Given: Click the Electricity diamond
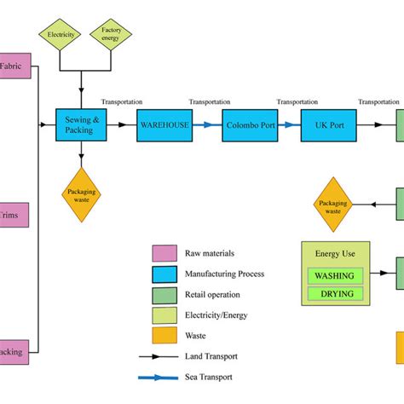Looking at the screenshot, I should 60,36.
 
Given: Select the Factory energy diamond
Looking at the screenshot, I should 110,36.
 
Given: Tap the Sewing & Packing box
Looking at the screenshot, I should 82,124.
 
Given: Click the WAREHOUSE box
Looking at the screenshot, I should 164,124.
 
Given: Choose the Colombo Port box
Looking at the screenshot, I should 250,124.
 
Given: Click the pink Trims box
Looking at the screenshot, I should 13,215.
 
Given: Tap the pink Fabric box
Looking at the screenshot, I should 14,66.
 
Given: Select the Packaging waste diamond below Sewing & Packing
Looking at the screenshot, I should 82,194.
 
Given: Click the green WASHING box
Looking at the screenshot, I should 335,275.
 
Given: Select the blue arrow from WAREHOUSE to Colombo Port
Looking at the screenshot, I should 206,124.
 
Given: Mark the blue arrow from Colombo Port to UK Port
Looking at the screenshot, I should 291,124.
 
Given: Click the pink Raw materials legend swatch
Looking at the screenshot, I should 164,253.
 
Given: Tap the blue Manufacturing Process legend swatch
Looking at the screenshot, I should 164,274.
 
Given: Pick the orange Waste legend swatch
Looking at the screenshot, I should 164,336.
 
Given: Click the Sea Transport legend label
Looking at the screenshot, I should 208,377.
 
